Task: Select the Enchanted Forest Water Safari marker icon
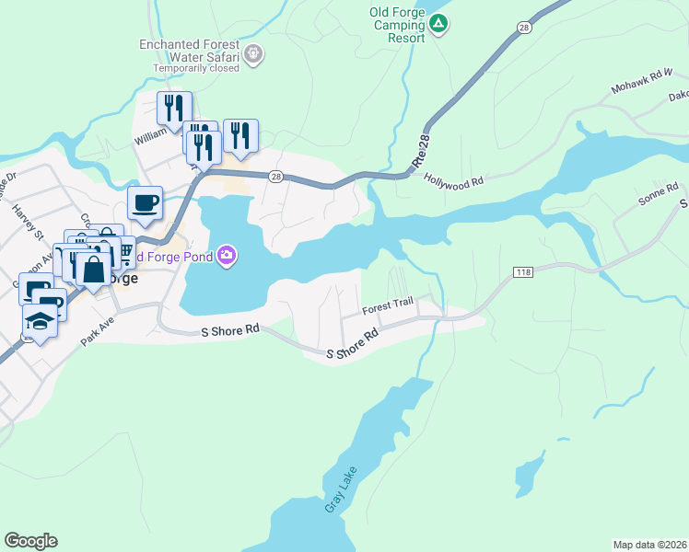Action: [x=255, y=56]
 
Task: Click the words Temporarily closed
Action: [x=197, y=67]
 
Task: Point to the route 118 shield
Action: [x=523, y=272]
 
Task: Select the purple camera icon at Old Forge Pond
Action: [x=227, y=256]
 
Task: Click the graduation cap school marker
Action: [x=40, y=320]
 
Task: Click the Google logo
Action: [x=30, y=541]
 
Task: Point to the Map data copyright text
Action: [x=648, y=544]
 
